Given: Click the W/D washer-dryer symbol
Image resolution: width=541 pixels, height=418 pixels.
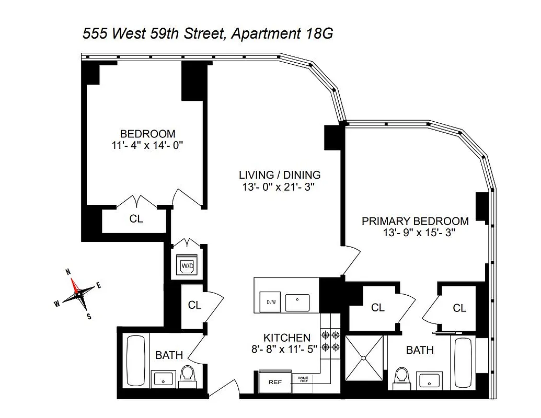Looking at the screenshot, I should pos(187,266).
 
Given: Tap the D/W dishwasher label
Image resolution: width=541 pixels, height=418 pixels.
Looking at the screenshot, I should pos(271,302).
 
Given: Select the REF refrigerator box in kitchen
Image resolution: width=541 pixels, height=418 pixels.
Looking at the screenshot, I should pos(275,382).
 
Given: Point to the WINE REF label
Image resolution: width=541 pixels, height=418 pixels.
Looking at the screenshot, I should pos(303,380).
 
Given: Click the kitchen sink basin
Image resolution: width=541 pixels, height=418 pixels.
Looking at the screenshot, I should pos(297,301).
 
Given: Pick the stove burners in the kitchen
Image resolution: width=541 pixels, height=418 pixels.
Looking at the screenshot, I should pos(330,341).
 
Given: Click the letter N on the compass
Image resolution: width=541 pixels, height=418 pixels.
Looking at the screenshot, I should pos(67,272).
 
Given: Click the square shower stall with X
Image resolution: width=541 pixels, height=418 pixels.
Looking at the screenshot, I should pos(363,358).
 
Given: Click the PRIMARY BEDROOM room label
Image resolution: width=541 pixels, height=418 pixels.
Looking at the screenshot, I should pos(415,221).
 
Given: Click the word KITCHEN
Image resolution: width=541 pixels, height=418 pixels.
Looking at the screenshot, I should pos(286,338).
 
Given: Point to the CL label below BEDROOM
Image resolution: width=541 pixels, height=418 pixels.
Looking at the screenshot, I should pos(136,219).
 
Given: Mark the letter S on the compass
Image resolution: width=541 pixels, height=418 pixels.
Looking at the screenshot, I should pos(89,316).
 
